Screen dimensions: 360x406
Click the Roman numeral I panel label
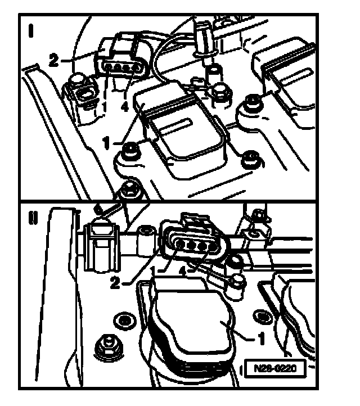[x=31, y=30]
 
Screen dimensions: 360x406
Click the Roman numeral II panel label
[x=33, y=218]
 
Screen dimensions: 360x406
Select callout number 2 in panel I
[x=54, y=61]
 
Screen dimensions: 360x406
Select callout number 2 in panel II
[x=115, y=282]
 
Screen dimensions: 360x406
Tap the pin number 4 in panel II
[x=183, y=272]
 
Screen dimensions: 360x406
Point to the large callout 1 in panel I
[x=106, y=143]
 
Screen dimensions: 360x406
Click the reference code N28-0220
[x=275, y=368]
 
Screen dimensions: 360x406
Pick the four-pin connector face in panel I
[x=121, y=68]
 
